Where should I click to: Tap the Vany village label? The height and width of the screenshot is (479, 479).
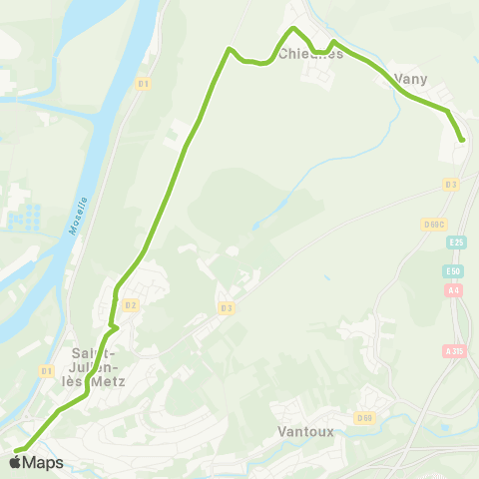click(x=411, y=78)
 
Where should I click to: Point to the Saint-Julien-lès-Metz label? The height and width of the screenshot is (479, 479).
click(x=95, y=366)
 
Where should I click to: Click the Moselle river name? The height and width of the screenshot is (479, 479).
click(x=77, y=214)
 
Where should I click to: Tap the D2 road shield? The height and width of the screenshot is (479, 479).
click(x=130, y=304)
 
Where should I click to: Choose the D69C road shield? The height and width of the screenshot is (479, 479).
click(x=433, y=224)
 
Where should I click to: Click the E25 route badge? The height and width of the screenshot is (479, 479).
click(x=456, y=242)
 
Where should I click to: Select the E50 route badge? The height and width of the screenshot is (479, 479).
click(x=456, y=271)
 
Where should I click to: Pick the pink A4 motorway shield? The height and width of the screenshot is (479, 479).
click(x=455, y=290)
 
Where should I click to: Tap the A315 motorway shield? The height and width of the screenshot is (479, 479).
click(x=455, y=351)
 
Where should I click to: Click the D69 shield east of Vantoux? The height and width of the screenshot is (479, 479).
click(x=364, y=418)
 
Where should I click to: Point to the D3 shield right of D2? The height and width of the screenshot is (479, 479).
click(x=227, y=307)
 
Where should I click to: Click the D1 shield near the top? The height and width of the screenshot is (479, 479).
click(x=144, y=84)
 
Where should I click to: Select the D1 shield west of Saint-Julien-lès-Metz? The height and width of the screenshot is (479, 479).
click(x=46, y=371)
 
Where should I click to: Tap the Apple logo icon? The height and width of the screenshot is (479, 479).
click(x=15, y=462)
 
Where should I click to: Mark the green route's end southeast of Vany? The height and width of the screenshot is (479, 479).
click(x=462, y=140)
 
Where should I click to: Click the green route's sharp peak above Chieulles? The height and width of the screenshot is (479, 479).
click(x=292, y=28)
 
